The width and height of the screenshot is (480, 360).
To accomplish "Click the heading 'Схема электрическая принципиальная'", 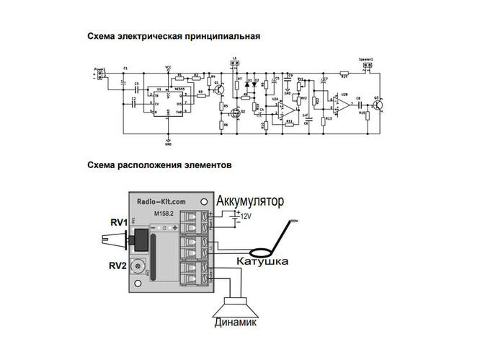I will (173, 35).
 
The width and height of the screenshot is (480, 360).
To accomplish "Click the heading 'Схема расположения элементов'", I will (159, 165).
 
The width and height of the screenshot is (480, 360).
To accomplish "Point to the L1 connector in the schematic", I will (234, 64).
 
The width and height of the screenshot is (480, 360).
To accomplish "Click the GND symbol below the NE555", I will (168, 141).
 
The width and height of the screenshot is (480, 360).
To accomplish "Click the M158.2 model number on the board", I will (165, 214).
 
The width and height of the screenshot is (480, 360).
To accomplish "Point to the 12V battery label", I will (247, 216).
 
